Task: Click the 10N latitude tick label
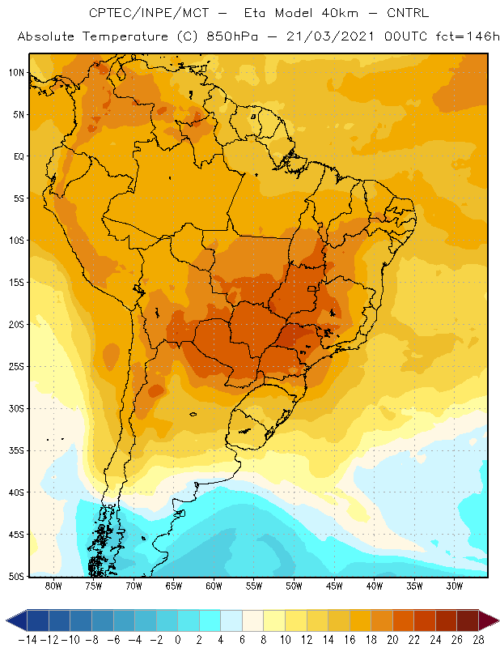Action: (x=16, y=73)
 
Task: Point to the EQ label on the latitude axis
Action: (x=19, y=156)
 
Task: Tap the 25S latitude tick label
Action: (x=16, y=367)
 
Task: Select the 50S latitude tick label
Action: (x=16, y=576)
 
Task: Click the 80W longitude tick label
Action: (x=53, y=586)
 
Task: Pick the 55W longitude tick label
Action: (x=254, y=586)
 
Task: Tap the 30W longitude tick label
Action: (x=455, y=586)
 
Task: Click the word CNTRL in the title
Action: (x=408, y=13)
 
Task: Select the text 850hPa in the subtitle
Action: (x=232, y=36)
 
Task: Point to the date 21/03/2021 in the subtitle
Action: (x=330, y=36)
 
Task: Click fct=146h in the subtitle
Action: (x=468, y=36)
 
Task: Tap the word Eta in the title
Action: (x=254, y=13)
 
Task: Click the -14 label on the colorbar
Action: (x=28, y=640)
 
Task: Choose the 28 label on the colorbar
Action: (x=478, y=640)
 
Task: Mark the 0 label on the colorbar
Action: (x=178, y=640)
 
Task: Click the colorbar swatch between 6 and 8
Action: (x=252, y=620)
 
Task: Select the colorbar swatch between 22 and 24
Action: (x=425, y=620)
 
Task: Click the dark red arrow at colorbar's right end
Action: (x=488, y=620)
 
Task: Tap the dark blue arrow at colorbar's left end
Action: (x=17, y=620)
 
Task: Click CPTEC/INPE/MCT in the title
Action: (x=149, y=13)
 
